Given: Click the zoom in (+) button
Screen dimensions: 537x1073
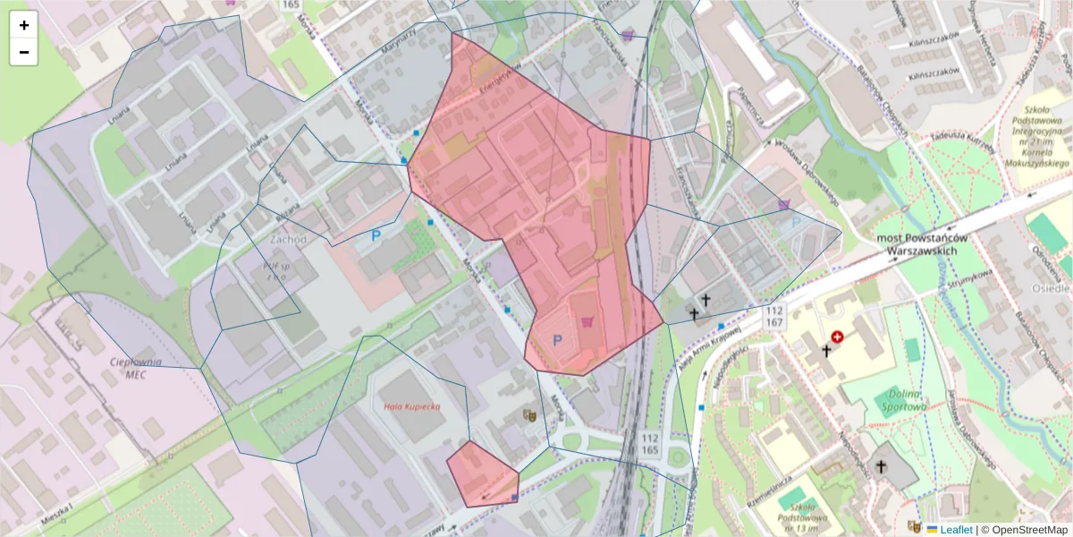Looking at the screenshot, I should pyautogui.click(x=24, y=25).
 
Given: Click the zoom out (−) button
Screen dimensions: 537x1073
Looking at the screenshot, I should pyautogui.click(x=24, y=52).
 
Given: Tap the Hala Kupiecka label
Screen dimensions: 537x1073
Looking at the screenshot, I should pyautogui.click(x=412, y=406).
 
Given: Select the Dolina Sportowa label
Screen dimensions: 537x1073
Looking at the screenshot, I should pyautogui.click(x=908, y=400).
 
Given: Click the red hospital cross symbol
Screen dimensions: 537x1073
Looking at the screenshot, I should pyautogui.click(x=837, y=337).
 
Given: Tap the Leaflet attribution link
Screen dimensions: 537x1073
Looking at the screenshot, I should pyautogui.click(x=956, y=529).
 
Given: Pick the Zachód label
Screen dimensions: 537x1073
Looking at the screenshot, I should pyautogui.click(x=288, y=240).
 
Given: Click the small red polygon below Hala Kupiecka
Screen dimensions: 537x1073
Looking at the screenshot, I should pyautogui.click(x=480, y=474).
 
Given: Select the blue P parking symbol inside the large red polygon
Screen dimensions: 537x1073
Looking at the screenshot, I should pyautogui.click(x=558, y=340).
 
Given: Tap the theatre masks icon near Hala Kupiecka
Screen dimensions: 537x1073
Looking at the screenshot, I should pyautogui.click(x=530, y=415).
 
